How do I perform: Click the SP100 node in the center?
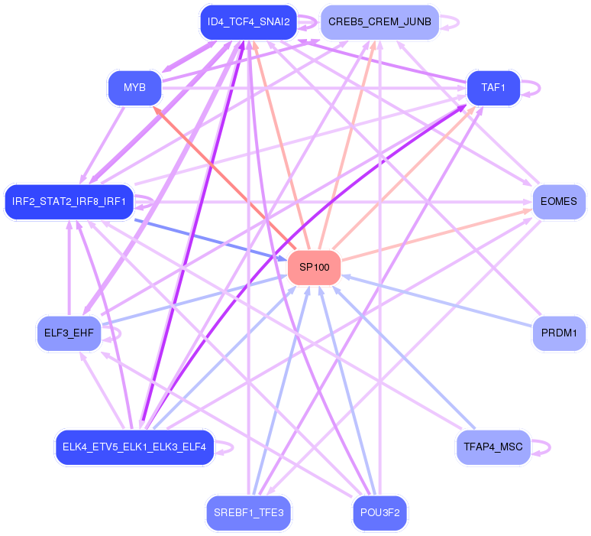(314, 267)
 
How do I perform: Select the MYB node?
(134, 87)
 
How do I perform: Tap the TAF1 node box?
(493, 87)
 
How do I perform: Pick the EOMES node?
(558, 202)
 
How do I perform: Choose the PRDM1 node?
(558, 333)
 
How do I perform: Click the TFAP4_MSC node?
(492, 447)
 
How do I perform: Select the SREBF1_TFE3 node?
(249, 512)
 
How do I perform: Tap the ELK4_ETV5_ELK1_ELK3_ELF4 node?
(134, 447)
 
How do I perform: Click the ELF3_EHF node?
(69, 333)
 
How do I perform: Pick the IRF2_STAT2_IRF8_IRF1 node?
(69, 202)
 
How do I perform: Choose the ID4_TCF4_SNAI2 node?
(248, 22)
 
